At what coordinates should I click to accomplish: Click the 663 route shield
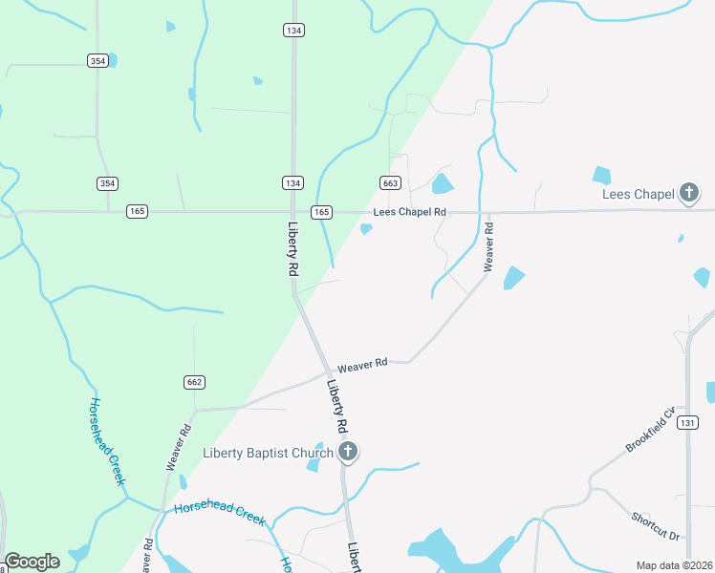(x=389, y=182)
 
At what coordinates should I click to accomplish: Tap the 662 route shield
(x=194, y=382)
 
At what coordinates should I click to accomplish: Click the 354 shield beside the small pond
(x=97, y=60)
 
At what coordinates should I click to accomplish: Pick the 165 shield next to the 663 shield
(x=321, y=211)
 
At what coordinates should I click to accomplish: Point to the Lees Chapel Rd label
(x=410, y=212)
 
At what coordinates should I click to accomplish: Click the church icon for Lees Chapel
(x=688, y=194)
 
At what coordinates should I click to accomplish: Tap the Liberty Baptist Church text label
(x=269, y=453)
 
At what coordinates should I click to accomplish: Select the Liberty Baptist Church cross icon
(x=348, y=453)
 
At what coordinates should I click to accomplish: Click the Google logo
(x=32, y=562)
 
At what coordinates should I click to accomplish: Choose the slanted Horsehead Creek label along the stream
(x=107, y=441)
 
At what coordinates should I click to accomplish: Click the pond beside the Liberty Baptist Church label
(x=314, y=465)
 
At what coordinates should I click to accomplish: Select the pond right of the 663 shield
(x=442, y=183)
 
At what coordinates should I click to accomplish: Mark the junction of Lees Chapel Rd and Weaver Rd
(x=487, y=212)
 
